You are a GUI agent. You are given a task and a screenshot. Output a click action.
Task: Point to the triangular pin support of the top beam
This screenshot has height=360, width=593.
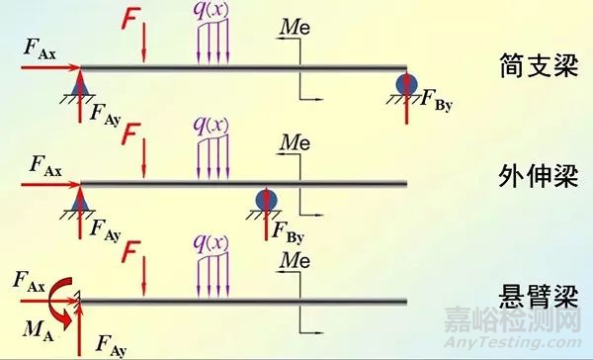[80, 83]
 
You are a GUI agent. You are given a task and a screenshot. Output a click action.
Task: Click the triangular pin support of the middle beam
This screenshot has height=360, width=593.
[80, 198]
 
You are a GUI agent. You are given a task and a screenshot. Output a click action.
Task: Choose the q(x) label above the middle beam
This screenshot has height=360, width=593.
[213, 126]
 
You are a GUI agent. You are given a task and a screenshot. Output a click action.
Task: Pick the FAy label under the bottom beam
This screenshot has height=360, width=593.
[114, 343]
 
